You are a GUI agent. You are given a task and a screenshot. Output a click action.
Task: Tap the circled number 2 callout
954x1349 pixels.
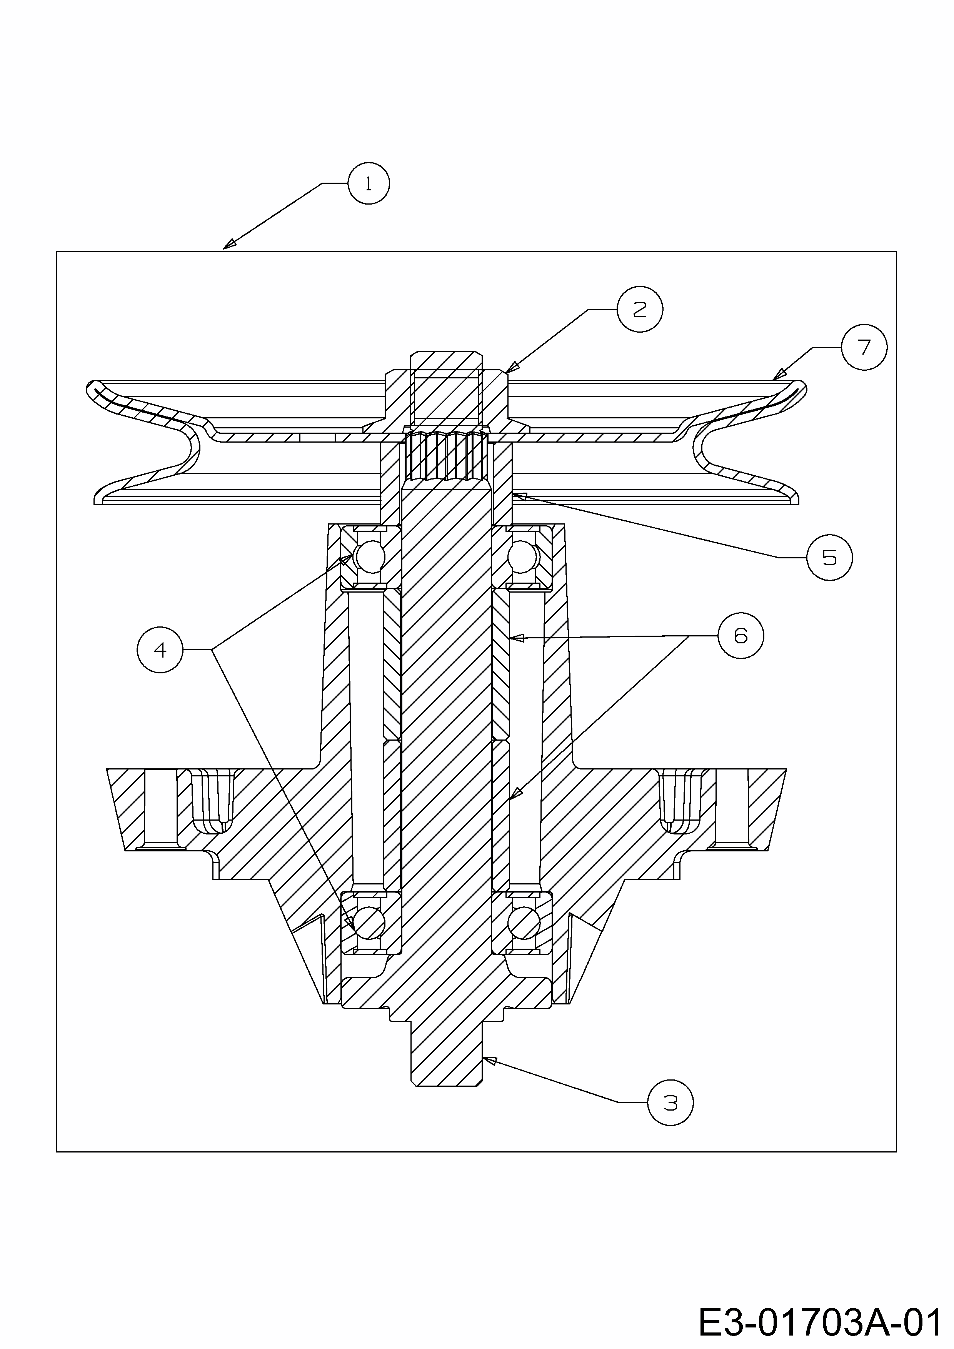click(640, 309)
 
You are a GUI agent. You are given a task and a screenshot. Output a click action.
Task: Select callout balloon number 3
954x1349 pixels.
click(670, 1103)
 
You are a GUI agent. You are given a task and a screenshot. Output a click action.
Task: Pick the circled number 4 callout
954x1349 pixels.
click(160, 649)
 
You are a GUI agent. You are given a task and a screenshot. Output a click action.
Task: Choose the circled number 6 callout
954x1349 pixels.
click(741, 635)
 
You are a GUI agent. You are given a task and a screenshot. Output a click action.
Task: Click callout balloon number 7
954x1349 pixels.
click(864, 348)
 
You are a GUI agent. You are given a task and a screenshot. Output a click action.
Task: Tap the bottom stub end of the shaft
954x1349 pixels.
click(446, 1055)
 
